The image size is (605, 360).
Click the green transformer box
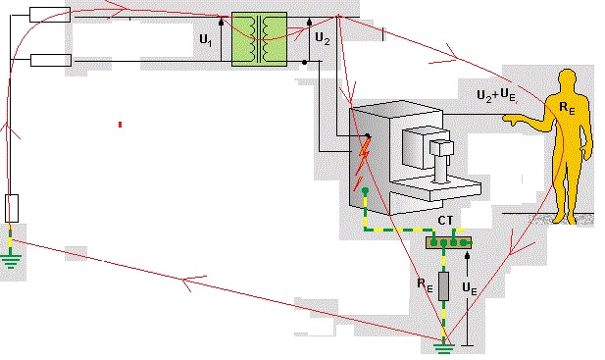(x=259, y=39)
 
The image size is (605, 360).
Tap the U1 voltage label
(x=204, y=41)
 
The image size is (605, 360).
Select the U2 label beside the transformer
(x=321, y=41)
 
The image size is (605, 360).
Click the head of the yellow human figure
(x=568, y=82)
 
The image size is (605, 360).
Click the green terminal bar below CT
(x=447, y=241)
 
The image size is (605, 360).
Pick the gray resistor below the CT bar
(x=443, y=286)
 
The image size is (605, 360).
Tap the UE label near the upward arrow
(x=470, y=291)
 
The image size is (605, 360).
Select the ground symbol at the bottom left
(x=12, y=259)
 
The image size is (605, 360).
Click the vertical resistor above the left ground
(x=12, y=208)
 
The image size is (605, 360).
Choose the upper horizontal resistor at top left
(x=50, y=14)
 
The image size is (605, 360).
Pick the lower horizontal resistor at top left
(x=50, y=60)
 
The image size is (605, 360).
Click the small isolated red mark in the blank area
(x=120, y=125)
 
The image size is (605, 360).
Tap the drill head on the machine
(x=442, y=148)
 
